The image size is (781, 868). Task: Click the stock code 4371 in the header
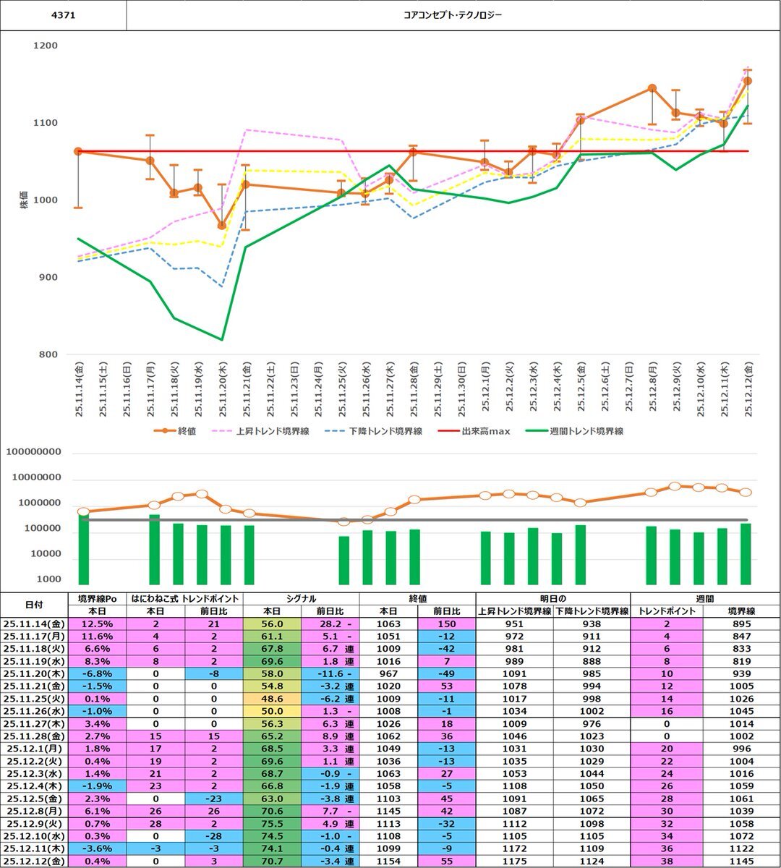click(x=63, y=15)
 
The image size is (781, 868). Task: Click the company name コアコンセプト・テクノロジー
click(x=453, y=15)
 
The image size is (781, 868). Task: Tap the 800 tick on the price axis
click(x=48, y=354)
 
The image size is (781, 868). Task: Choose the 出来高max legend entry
click(x=485, y=431)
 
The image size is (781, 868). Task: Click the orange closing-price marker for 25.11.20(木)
click(x=222, y=226)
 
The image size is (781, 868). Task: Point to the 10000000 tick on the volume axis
click(x=44, y=478)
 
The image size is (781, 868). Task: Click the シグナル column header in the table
click(x=301, y=598)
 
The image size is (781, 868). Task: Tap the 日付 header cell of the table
click(x=34, y=604)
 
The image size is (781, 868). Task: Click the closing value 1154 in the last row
click(x=388, y=861)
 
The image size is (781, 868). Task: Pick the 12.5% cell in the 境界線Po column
click(x=97, y=624)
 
